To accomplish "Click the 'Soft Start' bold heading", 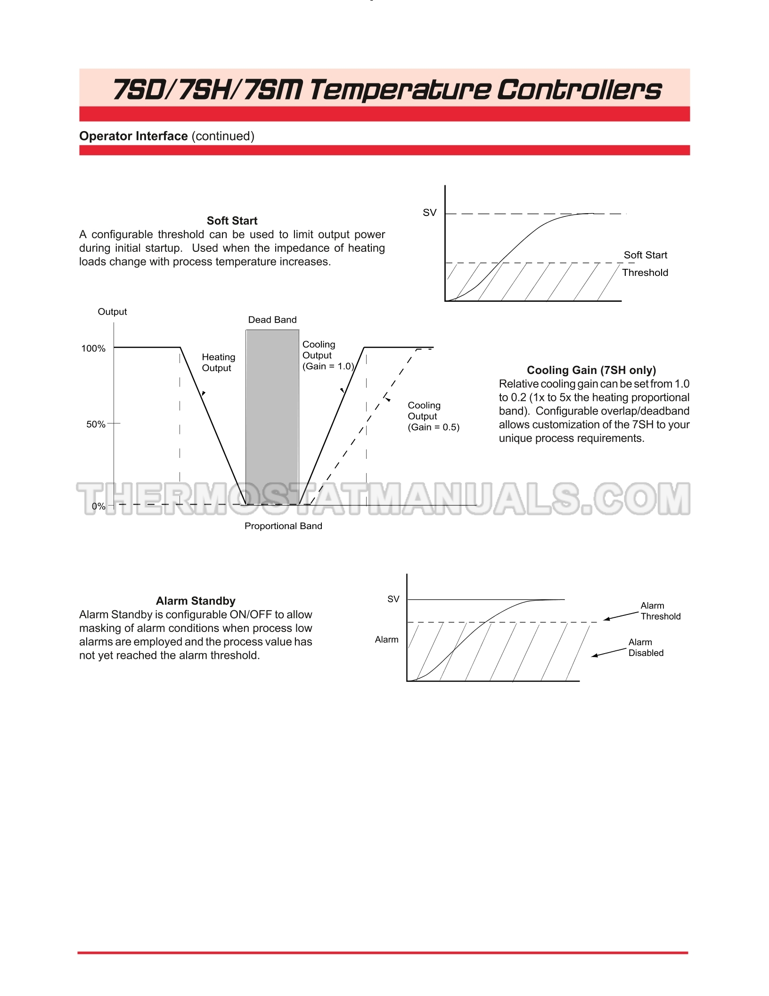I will pos(232,221).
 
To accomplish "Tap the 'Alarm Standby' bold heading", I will pos(196,601).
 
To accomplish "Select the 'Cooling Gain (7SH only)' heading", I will pos(591,370).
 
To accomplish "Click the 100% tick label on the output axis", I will pos(93,349).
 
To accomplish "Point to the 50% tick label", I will pos(96,424).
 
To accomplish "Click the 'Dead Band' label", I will pos(272,320).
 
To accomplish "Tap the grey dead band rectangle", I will pos(272,415).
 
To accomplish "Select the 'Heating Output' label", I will pos(218,363).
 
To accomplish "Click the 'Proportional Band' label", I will pos(283,526).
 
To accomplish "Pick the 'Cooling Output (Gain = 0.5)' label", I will pos(433,416).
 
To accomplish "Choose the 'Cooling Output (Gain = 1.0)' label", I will pos(327,356).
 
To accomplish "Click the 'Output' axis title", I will pos(112,312).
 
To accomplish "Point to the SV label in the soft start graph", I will pos(429,213).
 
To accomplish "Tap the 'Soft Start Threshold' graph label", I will pos(645,264).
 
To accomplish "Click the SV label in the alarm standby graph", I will pos(393,599).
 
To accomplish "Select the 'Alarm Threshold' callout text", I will pos(660,611).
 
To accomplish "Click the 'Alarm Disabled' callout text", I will pos(646,647).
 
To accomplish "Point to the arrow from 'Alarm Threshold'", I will pos(621,616).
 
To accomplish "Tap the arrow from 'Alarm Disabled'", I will pos(609,652).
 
